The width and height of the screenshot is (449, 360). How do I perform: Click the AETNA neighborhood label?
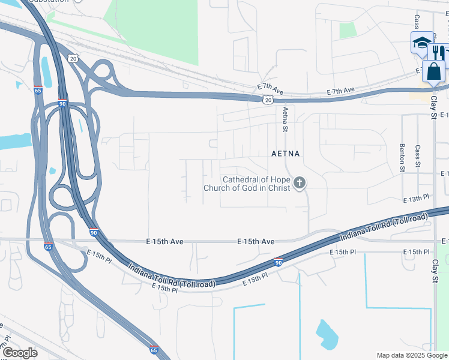pyautogui.click(x=285, y=154)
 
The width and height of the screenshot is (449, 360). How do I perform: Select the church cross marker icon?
pyautogui.click(x=300, y=183)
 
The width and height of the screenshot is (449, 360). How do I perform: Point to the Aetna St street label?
pyautogui.click(x=286, y=118)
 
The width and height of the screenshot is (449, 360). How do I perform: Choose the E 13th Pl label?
pyautogui.click(x=417, y=198)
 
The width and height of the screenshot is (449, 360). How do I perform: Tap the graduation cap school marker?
pyautogui.click(x=421, y=43)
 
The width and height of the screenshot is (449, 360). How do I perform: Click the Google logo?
pyautogui.click(x=20, y=352)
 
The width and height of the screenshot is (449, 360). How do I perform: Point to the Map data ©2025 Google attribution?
pyautogui.click(x=412, y=355)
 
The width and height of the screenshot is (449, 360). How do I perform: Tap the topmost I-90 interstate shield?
pyautogui.click(x=62, y=103)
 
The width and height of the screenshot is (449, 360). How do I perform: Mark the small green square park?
pyautogui.click(x=348, y=30)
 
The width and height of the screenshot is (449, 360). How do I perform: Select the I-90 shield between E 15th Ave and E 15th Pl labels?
pyautogui.click(x=279, y=262)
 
